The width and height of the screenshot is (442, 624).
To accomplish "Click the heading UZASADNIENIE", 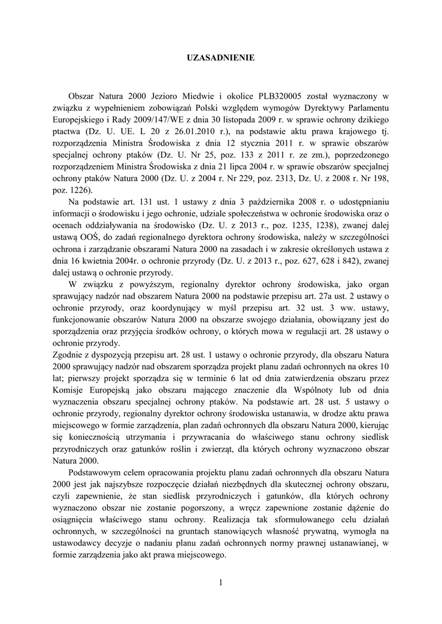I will tap(220, 57).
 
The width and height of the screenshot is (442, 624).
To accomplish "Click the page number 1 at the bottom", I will tap(220, 583).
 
